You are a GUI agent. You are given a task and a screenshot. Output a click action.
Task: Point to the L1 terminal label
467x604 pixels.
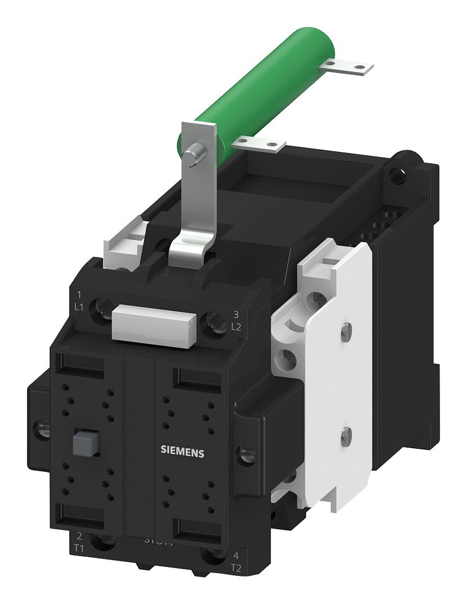point(79,307)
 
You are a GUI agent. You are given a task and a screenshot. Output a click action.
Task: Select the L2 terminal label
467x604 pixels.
point(236,326)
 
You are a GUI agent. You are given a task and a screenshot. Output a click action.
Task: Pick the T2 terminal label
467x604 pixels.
point(236,567)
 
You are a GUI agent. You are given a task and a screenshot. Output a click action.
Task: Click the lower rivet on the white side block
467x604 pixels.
point(347,434)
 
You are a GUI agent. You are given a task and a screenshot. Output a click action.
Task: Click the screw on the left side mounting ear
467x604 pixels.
point(42,430)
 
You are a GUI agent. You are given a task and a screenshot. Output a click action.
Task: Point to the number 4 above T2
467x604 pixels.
point(236,556)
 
